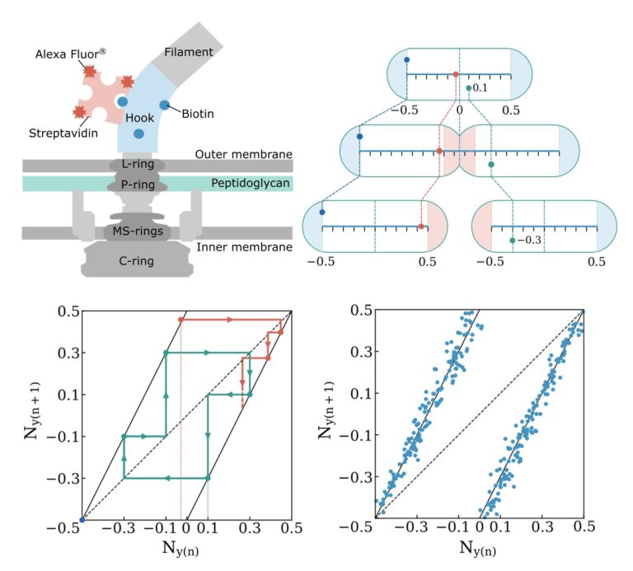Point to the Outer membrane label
click(245, 154)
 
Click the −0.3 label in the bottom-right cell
click(530, 240)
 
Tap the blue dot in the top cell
click(407, 59)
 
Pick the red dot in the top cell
click(456, 74)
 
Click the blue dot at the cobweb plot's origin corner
click(81, 520)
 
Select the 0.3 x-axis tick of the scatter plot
click(542, 534)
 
